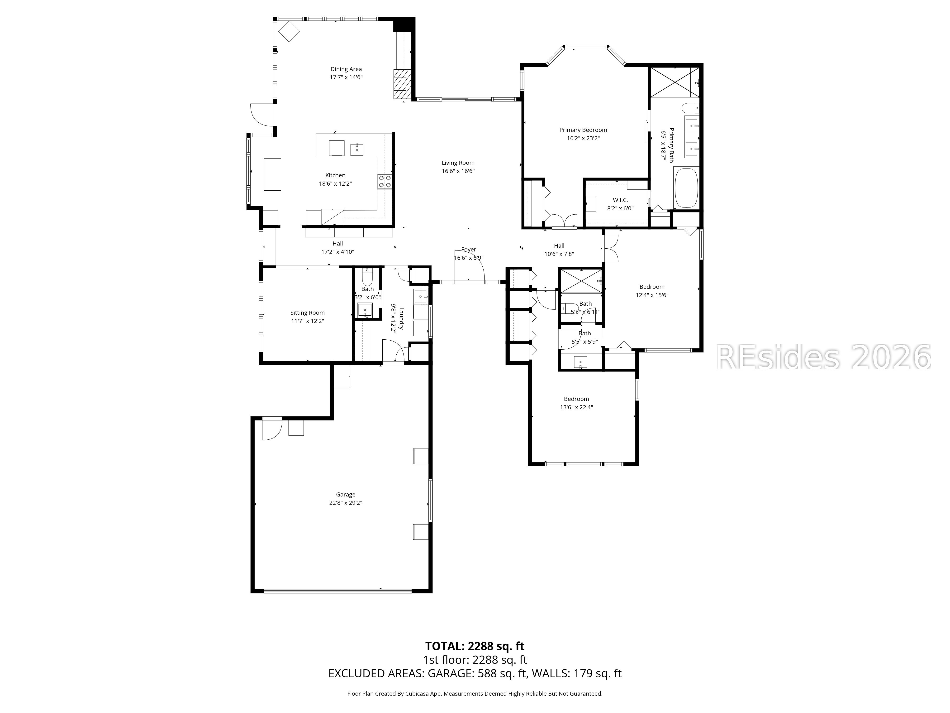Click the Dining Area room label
pos(346,69)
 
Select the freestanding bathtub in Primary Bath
pos(686,188)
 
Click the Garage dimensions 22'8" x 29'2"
pos(346,503)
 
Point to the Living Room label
pos(458,163)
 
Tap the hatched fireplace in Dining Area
pos(402,84)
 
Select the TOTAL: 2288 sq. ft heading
pos(475,646)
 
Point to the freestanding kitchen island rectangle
pos(272,174)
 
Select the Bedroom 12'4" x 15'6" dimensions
pos(651,295)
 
